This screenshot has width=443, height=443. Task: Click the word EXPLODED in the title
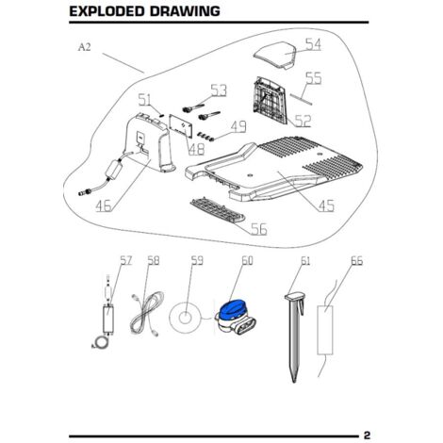(107, 11)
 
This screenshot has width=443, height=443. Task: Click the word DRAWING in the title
(185, 11)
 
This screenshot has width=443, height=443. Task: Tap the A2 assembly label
(84, 47)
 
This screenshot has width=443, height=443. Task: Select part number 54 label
(313, 44)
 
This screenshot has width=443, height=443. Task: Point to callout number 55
(314, 78)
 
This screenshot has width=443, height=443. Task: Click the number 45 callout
(326, 205)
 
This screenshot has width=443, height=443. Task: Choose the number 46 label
(104, 205)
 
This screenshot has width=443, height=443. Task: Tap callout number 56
(259, 229)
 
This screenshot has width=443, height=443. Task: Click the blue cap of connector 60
(232, 308)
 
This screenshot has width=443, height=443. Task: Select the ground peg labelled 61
(294, 336)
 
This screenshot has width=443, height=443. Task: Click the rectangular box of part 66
(325, 330)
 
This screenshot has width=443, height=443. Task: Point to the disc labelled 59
(185, 317)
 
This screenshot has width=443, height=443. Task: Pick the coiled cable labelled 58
(147, 313)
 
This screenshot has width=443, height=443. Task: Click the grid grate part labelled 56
(217, 210)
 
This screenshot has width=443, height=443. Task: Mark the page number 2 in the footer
(367, 435)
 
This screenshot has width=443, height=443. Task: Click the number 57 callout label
(126, 260)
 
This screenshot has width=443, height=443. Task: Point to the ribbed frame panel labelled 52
(270, 100)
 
